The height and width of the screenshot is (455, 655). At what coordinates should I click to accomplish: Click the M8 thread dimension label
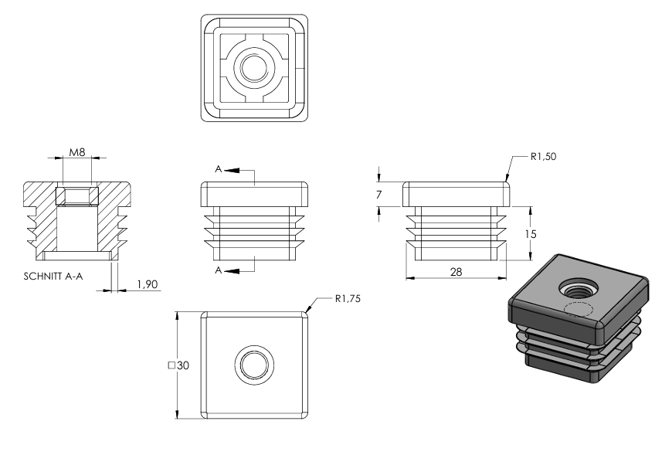tap(77, 152)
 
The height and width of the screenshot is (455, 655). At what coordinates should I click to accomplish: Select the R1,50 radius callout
tap(543, 157)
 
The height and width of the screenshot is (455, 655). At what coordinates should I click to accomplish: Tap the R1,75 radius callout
tap(348, 299)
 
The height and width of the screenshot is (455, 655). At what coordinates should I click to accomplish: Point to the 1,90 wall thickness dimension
tap(148, 284)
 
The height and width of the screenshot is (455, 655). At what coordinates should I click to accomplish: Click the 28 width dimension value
tap(456, 272)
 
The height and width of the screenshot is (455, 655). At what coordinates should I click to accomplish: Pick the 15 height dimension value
tap(530, 234)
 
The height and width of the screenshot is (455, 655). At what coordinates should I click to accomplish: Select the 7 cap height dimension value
tap(379, 195)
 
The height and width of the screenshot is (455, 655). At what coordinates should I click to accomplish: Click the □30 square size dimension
tap(178, 365)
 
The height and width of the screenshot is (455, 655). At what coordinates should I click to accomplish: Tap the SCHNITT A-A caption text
tap(53, 277)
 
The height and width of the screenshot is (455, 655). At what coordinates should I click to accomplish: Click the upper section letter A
tap(218, 169)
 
